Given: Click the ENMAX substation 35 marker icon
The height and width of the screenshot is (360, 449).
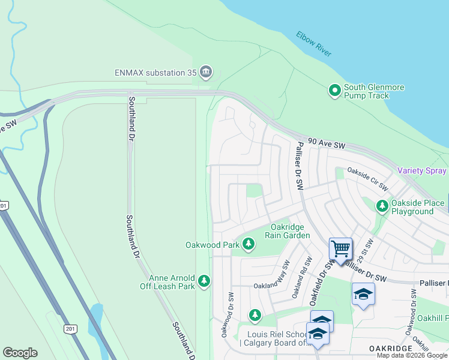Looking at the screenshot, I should [x=206, y=73].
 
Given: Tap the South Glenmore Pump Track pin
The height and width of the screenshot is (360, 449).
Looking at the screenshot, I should [x=334, y=91].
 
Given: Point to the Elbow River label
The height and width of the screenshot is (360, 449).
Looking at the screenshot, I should [x=313, y=44].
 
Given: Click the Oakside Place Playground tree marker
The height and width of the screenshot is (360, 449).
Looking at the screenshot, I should [x=382, y=206].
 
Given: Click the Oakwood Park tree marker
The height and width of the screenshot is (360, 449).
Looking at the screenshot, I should [x=249, y=244].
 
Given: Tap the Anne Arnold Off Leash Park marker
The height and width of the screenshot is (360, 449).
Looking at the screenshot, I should [x=204, y=280].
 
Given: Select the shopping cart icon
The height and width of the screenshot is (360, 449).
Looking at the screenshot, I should [x=340, y=247].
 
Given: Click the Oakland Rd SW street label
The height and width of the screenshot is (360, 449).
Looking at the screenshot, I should [x=300, y=278].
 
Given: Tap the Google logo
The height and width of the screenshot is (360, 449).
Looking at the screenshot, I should [x=20, y=353].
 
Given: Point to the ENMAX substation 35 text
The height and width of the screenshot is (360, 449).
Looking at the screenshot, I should [x=156, y=73].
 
